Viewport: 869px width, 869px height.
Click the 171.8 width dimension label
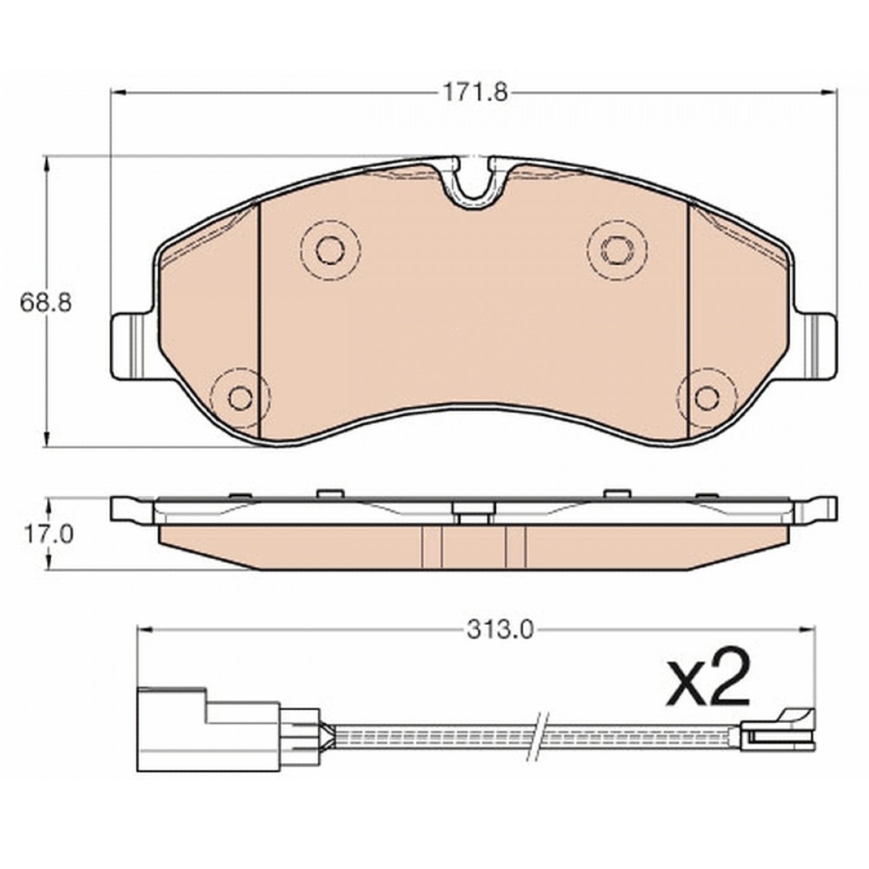pyautogui.click(x=474, y=93)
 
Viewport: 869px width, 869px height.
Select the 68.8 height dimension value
pyautogui.click(x=45, y=302)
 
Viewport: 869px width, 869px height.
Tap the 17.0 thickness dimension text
pyautogui.click(x=48, y=534)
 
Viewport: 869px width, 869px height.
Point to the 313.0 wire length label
pyautogui.click(x=500, y=629)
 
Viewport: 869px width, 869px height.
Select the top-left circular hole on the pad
pyautogui.click(x=330, y=251)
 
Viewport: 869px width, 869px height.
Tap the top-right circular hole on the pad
pyautogui.click(x=617, y=250)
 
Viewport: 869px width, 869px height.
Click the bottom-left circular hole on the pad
pyautogui.click(x=241, y=397)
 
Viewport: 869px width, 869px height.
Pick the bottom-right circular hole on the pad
pyautogui.click(x=707, y=397)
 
